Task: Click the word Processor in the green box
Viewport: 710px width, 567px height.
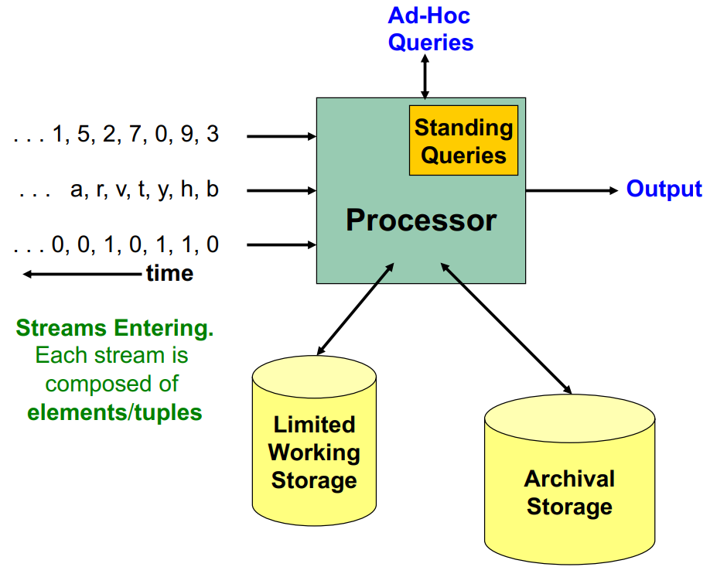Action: (x=421, y=220)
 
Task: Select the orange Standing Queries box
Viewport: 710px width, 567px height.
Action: (x=463, y=140)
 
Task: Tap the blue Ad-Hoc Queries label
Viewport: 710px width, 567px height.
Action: (x=430, y=29)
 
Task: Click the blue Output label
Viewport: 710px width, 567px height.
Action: (x=664, y=190)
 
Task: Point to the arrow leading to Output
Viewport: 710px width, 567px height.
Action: (x=572, y=190)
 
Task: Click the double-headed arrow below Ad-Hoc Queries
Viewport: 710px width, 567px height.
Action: (x=425, y=77)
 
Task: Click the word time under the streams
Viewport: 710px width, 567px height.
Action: (x=169, y=274)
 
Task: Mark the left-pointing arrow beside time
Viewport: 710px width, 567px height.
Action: (x=81, y=274)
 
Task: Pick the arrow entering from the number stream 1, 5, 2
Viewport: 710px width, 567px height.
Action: (x=282, y=137)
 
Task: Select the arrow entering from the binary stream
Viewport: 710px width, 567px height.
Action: (x=282, y=246)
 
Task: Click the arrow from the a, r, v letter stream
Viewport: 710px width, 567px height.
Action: (x=282, y=190)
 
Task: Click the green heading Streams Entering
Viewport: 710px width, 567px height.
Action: (x=114, y=329)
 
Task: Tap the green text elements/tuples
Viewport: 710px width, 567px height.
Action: (x=114, y=412)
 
